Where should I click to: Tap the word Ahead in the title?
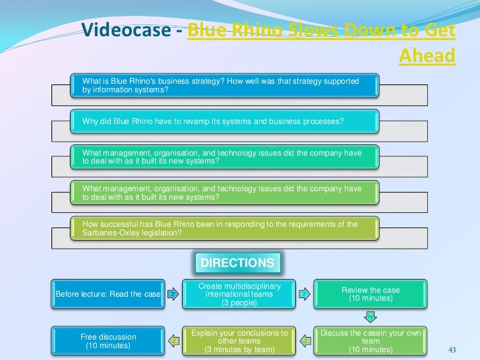[427, 56]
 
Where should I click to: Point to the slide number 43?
[452, 349]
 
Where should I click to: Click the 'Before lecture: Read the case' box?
[108, 294]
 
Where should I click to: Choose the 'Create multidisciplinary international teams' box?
[239, 294]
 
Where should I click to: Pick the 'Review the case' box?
[371, 294]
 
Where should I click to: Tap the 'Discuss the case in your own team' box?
[371, 341]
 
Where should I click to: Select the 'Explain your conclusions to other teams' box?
[239, 341]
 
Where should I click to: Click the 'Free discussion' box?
[108, 341]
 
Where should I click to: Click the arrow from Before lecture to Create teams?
[171, 294]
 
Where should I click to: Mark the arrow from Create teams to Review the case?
[303, 294]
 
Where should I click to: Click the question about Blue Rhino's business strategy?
[221, 86]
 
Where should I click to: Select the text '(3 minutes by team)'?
[239, 349]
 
